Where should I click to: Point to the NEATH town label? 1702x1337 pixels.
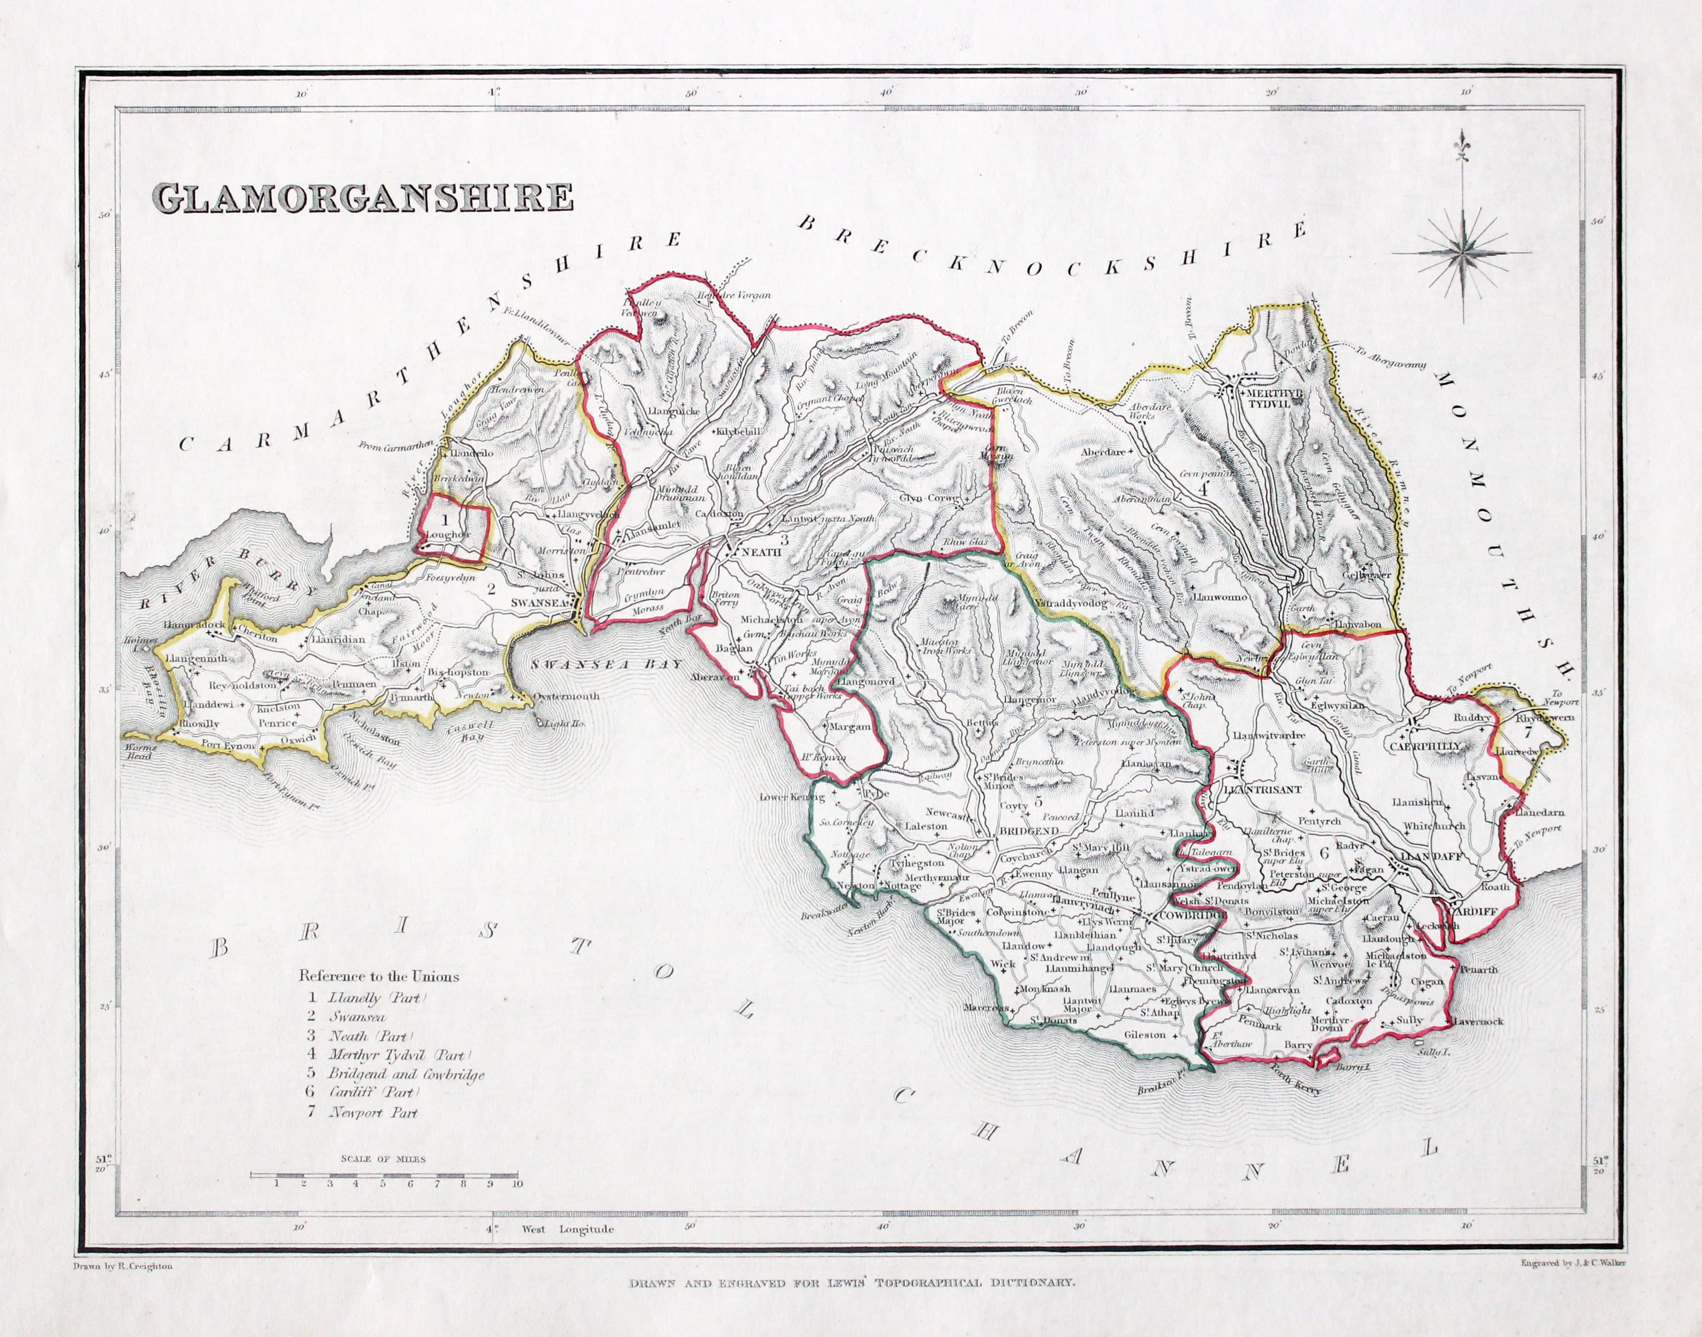pos(761,552)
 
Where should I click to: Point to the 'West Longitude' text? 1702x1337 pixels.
pos(568,1229)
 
